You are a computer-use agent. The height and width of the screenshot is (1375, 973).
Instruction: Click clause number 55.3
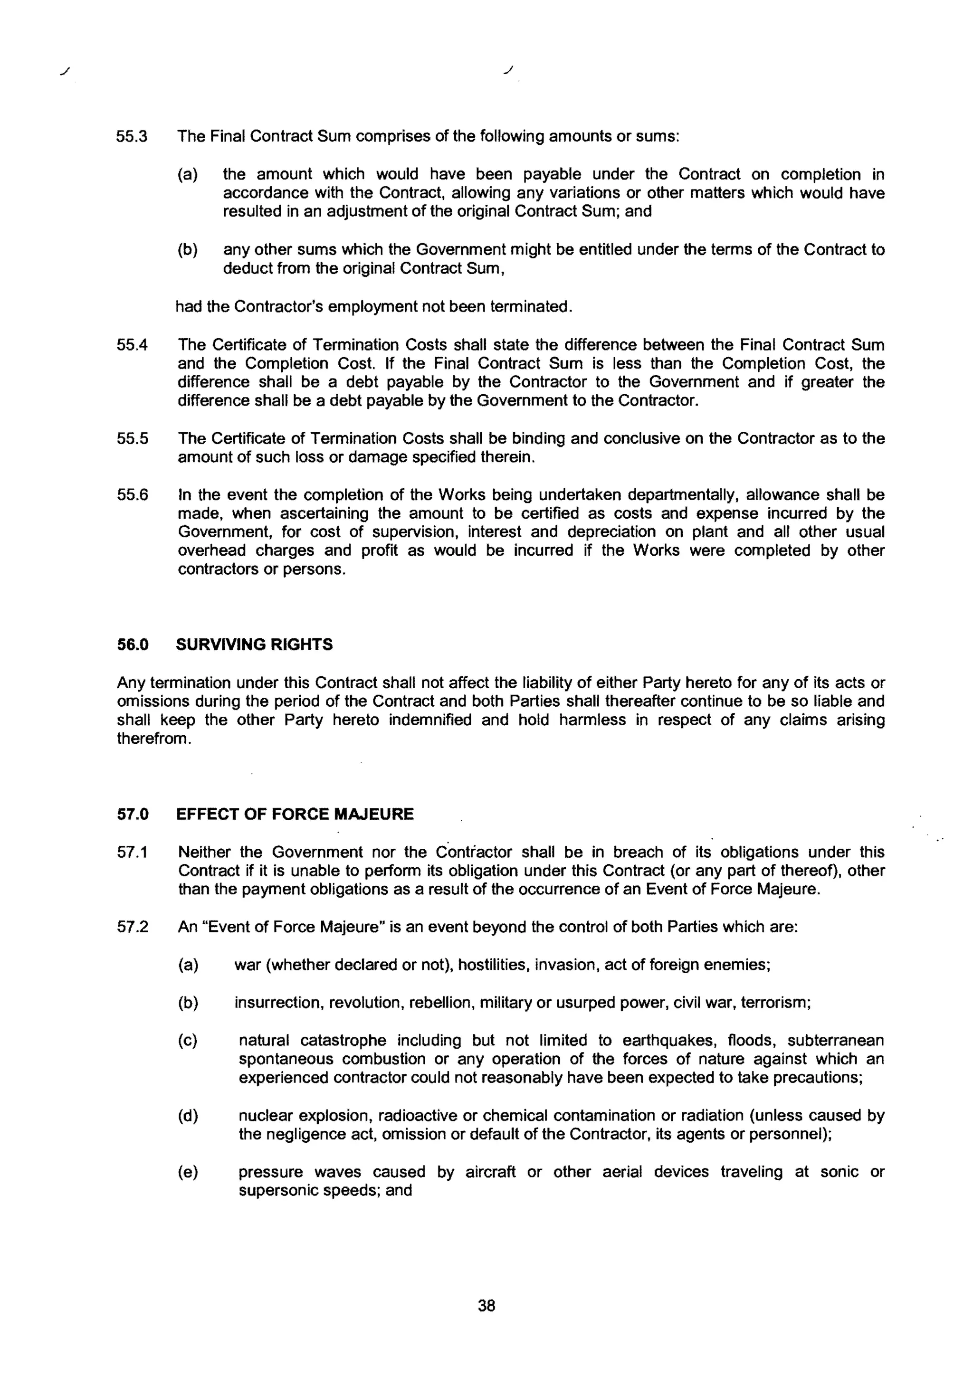(133, 136)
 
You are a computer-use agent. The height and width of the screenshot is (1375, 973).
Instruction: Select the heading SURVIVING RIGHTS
(254, 645)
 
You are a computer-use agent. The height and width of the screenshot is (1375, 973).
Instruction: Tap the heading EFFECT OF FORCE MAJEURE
(295, 815)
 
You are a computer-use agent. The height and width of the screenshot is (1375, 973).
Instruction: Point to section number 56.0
(133, 645)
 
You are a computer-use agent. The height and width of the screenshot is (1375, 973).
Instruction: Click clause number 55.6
(133, 495)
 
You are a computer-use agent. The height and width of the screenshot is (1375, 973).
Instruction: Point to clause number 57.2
(133, 927)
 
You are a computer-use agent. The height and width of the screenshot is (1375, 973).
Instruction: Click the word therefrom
(154, 739)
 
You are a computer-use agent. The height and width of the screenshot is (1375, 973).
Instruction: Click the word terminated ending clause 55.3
(530, 307)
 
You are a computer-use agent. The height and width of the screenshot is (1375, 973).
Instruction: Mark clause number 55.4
(133, 345)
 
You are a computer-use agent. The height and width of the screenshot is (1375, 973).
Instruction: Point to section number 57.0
(133, 815)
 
